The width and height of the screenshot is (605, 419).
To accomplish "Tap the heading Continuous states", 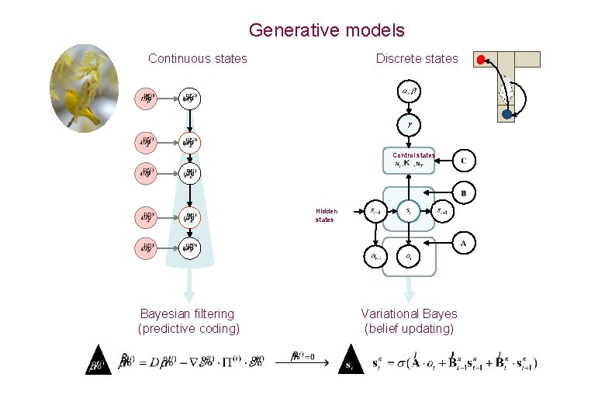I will [198, 58].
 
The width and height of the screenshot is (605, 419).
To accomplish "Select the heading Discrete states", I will [417, 58].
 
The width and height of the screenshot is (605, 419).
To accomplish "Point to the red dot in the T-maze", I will [482, 59].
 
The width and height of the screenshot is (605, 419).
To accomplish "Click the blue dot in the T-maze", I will [506, 114].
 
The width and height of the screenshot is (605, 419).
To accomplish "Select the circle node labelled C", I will [464, 161].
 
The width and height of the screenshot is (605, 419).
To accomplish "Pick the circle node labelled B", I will [464, 192].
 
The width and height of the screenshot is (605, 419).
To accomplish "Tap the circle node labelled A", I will [464, 243].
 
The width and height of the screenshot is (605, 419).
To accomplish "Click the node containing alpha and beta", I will [409, 92].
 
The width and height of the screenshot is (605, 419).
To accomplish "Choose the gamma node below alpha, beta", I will [409, 123].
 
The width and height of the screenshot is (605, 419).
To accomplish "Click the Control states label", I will [413, 155].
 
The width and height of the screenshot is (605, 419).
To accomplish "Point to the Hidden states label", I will [326, 215].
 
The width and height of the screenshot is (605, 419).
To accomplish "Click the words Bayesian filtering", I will [187, 313].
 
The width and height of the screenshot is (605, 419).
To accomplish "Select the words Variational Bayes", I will [409, 313].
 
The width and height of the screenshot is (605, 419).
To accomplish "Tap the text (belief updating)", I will [409, 328].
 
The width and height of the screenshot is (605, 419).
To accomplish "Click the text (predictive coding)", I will [188, 328].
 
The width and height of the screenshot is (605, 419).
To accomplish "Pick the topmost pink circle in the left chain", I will [146, 99].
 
